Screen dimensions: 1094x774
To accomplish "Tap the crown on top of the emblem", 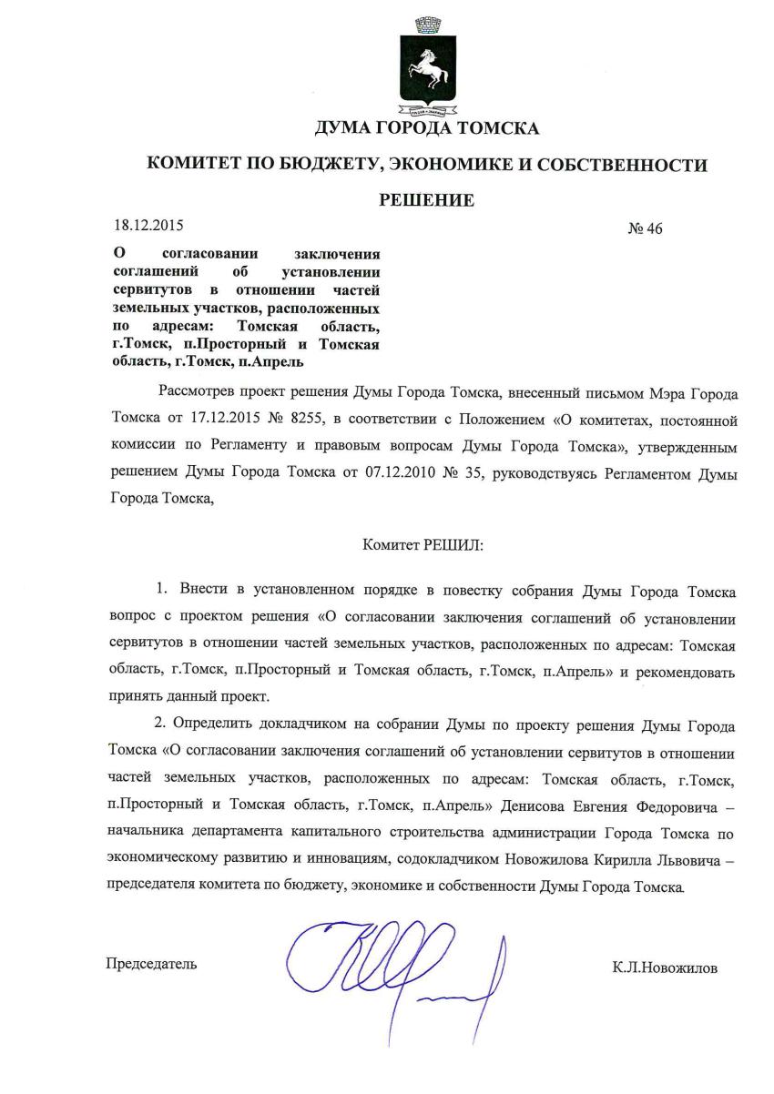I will [426, 25].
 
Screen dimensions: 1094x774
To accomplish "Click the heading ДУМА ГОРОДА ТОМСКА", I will [426, 128].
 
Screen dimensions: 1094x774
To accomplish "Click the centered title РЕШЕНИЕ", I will [426, 200].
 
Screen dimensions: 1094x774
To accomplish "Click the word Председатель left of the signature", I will [151, 963].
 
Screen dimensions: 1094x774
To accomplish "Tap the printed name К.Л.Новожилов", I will [665, 968].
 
